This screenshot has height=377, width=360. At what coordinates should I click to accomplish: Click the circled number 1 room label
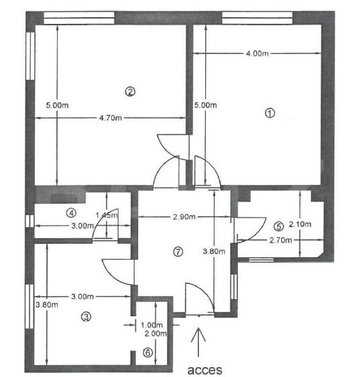point(270,113)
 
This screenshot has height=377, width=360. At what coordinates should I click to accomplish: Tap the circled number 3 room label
point(85,317)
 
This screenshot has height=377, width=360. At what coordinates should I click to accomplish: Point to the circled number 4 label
point(70,214)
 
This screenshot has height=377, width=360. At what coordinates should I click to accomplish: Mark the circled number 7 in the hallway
point(178,252)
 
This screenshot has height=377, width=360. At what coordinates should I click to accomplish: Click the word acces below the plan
point(203,368)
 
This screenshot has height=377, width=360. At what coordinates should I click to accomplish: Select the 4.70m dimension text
point(111,119)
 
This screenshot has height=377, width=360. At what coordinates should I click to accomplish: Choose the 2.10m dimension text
point(302,224)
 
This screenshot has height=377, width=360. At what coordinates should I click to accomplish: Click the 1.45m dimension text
point(107,215)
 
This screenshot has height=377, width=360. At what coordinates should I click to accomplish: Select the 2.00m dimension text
point(154,333)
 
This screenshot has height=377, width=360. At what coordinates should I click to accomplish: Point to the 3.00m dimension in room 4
point(82,226)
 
